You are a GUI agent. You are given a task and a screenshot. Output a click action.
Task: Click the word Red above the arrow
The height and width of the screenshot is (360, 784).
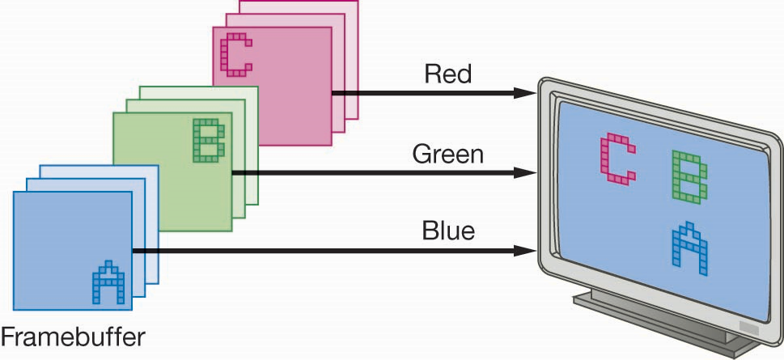click(447, 75)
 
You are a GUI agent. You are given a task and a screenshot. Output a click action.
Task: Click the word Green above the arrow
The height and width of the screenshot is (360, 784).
click(447, 154)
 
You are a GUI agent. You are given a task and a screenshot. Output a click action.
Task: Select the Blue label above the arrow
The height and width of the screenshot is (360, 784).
click(447, 232)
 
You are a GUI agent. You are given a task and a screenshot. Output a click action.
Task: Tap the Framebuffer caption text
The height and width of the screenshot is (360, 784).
click(74, 335)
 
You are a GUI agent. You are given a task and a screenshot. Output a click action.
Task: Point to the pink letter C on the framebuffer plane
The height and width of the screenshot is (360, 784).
click(236, 53)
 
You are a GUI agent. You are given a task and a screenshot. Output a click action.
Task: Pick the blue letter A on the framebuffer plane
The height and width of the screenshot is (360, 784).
click(108, 284)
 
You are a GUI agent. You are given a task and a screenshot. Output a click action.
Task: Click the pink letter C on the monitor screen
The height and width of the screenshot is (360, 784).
click(617, 159)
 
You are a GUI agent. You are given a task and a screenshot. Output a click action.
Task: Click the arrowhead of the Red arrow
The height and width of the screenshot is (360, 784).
click(526, 93)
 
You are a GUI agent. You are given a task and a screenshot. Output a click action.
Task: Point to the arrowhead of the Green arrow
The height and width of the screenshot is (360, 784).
click(526, 172)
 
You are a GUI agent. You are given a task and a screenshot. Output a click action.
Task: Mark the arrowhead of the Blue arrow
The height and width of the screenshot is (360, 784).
click(526, 252)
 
